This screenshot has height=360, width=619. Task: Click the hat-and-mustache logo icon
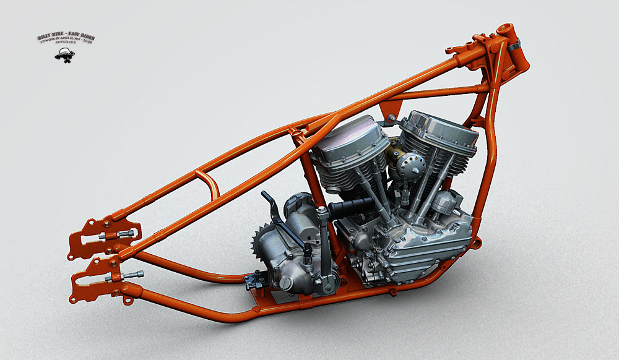pyautogui.click(x=64, y=54)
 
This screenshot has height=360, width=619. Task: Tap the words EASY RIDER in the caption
pyautogui.click(x=80, y=37)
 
